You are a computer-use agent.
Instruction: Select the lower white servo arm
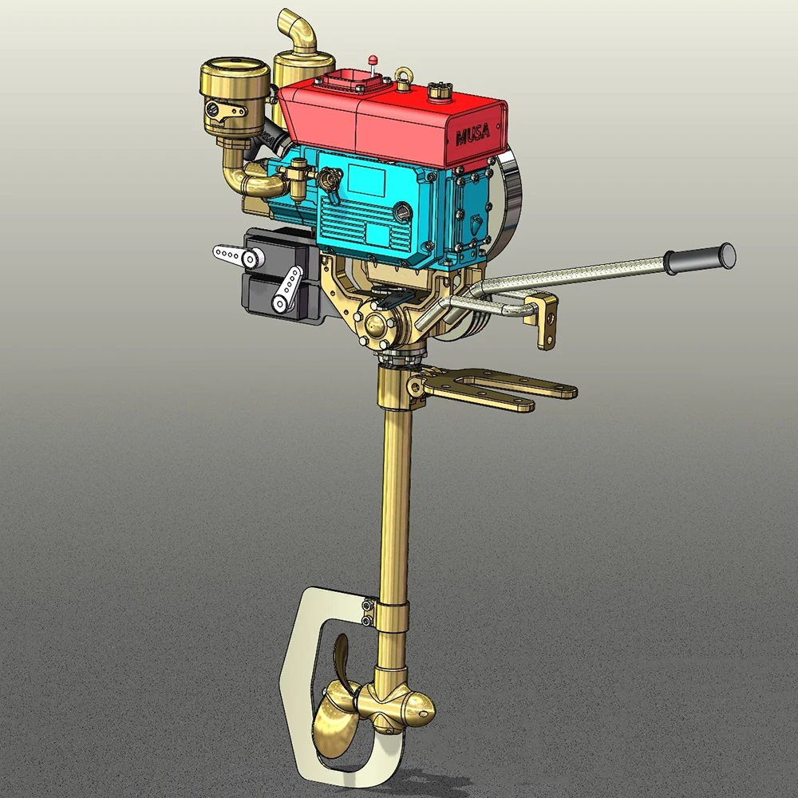pos(286,290)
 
